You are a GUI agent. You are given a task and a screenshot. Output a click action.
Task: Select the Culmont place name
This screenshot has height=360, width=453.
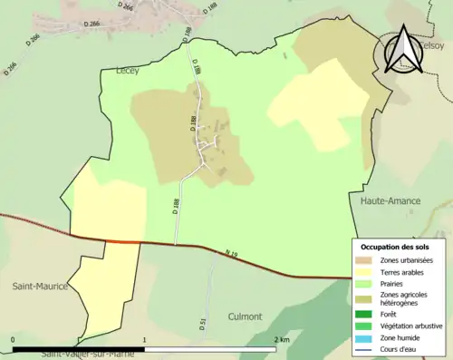(243, 316)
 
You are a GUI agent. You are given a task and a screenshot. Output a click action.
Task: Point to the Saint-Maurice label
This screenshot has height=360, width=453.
(40, 287)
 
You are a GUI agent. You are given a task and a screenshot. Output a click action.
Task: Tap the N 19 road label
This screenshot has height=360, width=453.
(227, 256)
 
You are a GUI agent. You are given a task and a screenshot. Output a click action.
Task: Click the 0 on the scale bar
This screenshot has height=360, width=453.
(14, 340)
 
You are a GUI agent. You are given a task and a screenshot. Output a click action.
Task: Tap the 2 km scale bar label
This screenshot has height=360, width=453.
(281, 340)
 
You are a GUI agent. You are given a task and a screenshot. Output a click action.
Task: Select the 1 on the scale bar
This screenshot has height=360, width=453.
(145, 340)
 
